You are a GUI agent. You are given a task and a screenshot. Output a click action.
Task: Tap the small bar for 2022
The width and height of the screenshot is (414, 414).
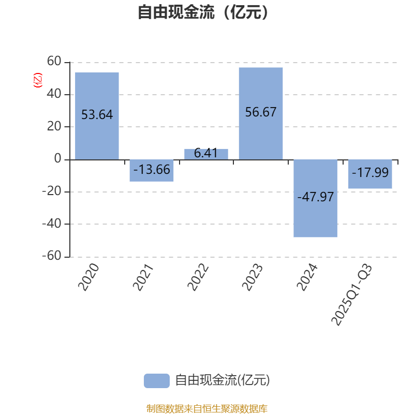[x=206, y=154]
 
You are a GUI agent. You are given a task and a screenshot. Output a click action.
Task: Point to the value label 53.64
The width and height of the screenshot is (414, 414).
[x=97, y=115]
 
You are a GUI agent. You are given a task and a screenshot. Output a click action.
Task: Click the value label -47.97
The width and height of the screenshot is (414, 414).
[x=315, y=197]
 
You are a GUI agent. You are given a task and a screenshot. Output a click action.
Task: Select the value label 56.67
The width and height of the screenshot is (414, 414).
[x=261, y=112]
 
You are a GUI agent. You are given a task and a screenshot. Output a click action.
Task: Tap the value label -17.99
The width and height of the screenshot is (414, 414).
[x=370, y=172]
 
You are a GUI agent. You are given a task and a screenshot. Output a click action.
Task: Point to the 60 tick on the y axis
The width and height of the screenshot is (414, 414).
[x=54, y=62]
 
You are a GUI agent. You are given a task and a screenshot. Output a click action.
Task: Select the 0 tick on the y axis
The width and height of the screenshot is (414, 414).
[x=58, y=159]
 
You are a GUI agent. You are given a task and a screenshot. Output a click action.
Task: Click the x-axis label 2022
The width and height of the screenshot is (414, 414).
[x=198, y=276]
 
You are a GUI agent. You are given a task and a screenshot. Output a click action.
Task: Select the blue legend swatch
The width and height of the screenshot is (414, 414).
[x=156, y=380]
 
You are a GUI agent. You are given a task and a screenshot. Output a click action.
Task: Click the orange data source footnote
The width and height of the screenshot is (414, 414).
[x=206, y=409]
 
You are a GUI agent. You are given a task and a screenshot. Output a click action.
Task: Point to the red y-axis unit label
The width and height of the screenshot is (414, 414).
[x=37, y=80]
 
